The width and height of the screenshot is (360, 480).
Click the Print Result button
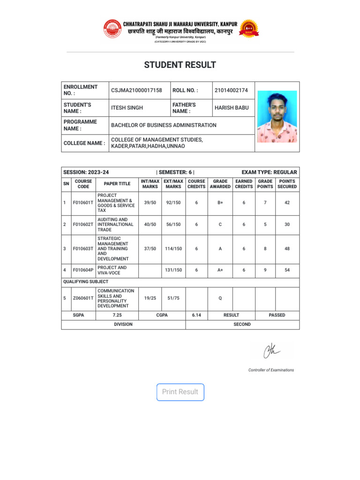point(180,392)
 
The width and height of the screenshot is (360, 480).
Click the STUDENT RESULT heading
point(180,65)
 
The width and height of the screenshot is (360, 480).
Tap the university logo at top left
point(112,29)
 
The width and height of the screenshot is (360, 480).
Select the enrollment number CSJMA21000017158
point(136,90)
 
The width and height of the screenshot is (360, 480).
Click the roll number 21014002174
point(231,90)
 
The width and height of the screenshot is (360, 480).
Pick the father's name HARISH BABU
point(232,108)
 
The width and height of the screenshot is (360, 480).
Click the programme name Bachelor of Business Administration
point(164,125)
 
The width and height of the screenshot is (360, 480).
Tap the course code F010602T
point(83,225)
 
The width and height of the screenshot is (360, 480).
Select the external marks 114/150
point(173,249)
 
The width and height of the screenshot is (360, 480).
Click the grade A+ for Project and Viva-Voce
point(220,270)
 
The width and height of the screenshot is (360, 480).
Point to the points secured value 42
point(287,203)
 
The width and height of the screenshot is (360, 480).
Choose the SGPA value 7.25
point(117,315)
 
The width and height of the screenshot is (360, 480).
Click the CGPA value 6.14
point(196,315)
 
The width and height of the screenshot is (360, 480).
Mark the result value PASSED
point(277,315)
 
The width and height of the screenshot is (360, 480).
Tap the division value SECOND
point(242,324)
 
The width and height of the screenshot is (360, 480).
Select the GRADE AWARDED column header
point(220,184)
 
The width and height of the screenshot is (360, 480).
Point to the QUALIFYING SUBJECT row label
point(86,282)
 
